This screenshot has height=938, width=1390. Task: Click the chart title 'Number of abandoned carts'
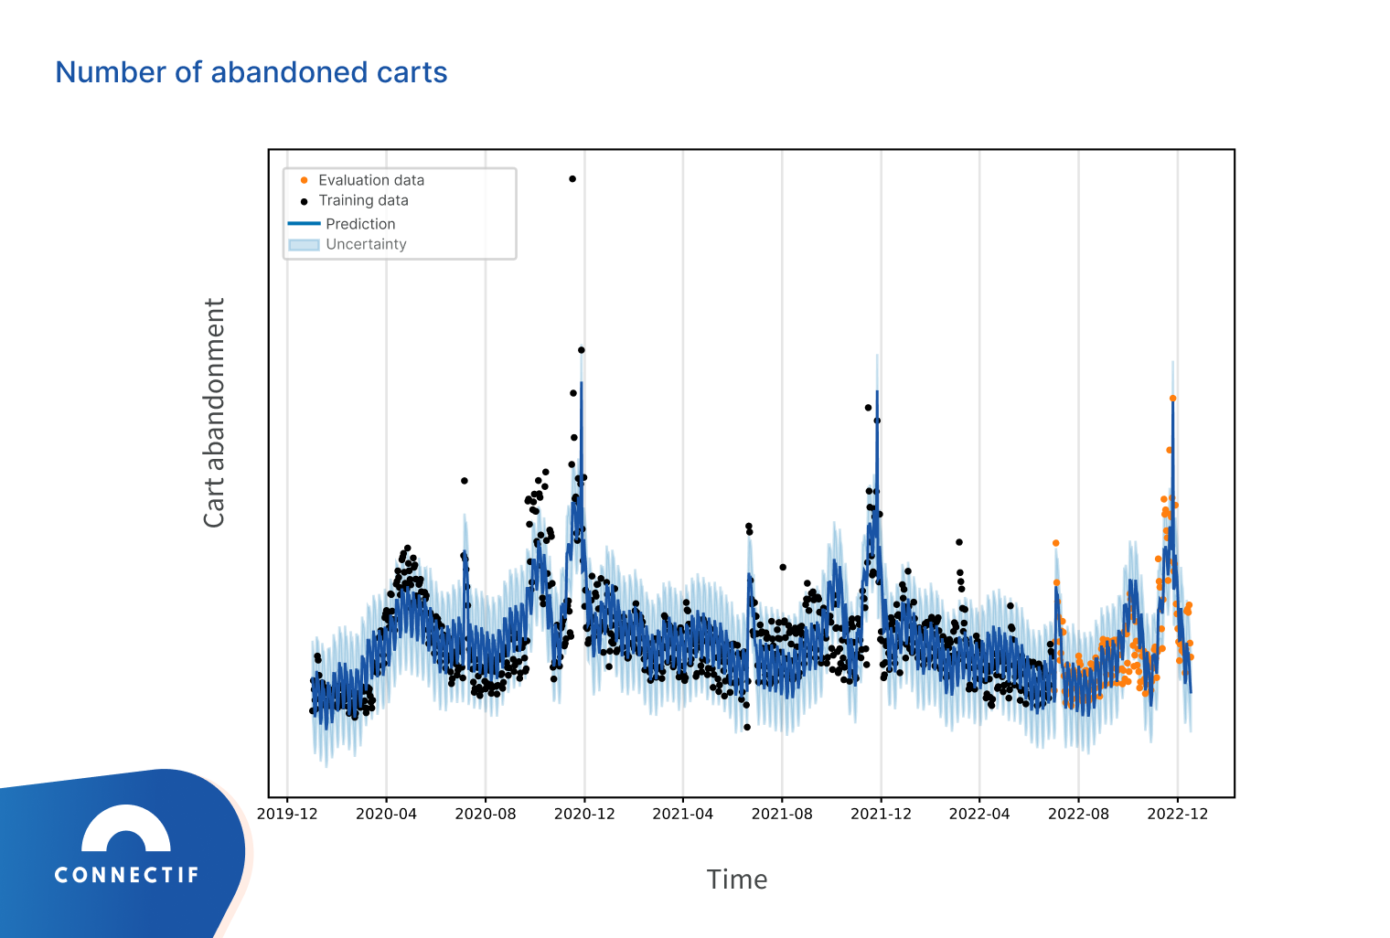(251, 72)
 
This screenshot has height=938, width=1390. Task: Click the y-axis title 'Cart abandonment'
(213, 412)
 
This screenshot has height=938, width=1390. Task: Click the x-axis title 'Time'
(736, 879)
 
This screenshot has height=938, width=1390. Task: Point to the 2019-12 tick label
(287, 814)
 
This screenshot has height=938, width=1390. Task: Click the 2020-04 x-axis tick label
(386, 814)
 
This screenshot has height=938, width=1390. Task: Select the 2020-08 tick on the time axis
(486, 814)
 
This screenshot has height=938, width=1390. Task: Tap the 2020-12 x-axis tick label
(584, 814)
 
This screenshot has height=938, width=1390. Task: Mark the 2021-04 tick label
(682, 814)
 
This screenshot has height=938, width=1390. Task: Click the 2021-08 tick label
(782, 814)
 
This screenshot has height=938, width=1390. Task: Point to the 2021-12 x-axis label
(881, 814)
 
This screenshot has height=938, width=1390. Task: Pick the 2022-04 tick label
(979, 814)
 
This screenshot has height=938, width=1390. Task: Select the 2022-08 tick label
(1078, 814)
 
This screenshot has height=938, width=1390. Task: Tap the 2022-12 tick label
(1178, 814)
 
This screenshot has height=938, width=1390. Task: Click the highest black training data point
(572, 179)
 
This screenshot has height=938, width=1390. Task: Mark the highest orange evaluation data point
(1172, 399)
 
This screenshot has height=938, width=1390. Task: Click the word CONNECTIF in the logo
(126, 875)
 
